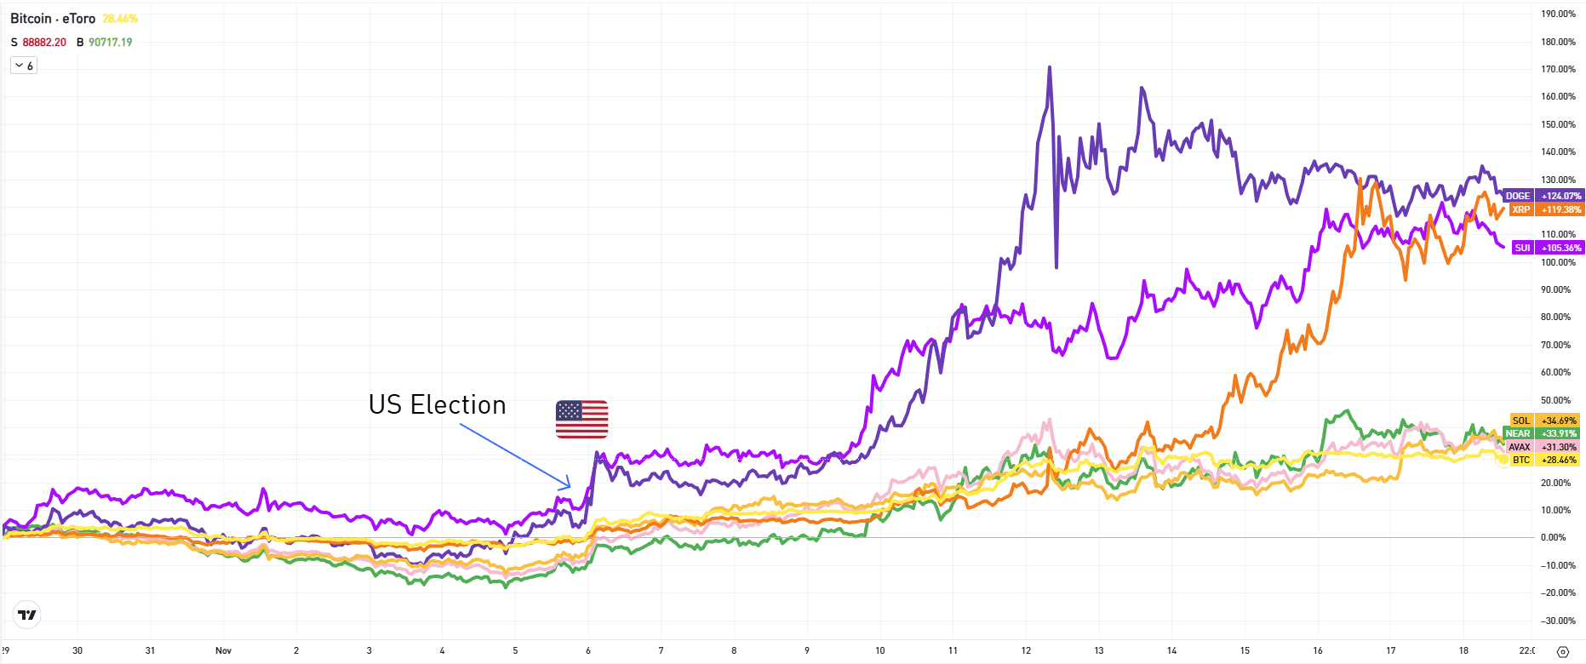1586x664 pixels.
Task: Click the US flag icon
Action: point(581,419)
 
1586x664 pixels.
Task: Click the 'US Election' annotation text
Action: point(437,405)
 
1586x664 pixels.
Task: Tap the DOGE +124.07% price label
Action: point(1543,196)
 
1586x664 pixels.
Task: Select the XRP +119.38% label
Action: point(1543,209)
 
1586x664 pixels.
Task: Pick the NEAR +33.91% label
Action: point(1542,433)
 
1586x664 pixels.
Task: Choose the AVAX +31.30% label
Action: point(1543,447)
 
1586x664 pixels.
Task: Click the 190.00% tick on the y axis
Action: point(1558,14)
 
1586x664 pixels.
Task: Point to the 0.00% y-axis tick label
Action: point(1554,537)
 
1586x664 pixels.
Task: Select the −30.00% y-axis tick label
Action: point(1558,621)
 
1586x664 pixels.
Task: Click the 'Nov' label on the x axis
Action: point(223,650)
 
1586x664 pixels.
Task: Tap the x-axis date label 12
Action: point(1026,650)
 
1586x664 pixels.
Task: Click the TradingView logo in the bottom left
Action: point(27,615)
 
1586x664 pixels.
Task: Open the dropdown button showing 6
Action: point(24,66)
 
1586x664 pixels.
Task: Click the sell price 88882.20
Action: point(44,42)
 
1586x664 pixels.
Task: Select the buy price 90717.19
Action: point(111,42)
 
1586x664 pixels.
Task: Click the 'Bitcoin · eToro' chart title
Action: point(53,19)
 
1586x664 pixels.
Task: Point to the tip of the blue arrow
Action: point(570,486)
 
